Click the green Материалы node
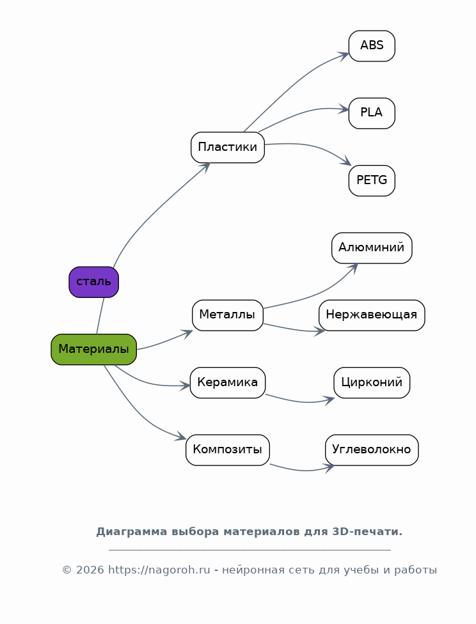click(x=93, y=349)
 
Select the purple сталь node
click(x=93, y=282)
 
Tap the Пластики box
click(x=227, y=147)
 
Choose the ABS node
click(x=372, y=46)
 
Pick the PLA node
click(x=372, y=113)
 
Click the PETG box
click(x=372, y=180)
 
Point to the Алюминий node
click(x=372, y=248)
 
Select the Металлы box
click(x=227, y=315)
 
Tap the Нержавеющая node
click(x=372, y=315)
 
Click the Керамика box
click(x=227, y=383)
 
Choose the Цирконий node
click(x=372, y=383)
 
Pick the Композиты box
click(x=227, y=450)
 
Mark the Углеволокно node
click(x=372, y=450)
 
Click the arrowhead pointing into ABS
click(x=345, y=55)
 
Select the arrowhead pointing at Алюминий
click(x=353, y=267)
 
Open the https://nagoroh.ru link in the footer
click(x=159, y=570)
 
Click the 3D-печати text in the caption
click(x=367, y=532)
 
